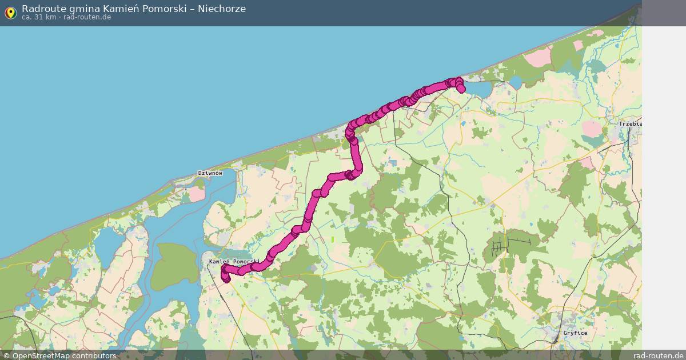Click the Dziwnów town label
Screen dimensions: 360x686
point(209,173)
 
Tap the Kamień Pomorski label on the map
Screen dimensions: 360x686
point(234,261)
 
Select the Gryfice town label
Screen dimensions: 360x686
point(575,333)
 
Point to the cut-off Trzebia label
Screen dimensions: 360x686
point(631,124)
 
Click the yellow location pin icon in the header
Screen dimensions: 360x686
point(10,13)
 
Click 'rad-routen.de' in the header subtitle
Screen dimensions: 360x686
point(87,17)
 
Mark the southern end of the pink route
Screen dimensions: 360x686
point(225,279)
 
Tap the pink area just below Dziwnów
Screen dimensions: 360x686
point(197,194)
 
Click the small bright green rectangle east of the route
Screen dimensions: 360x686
point(332,239)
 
